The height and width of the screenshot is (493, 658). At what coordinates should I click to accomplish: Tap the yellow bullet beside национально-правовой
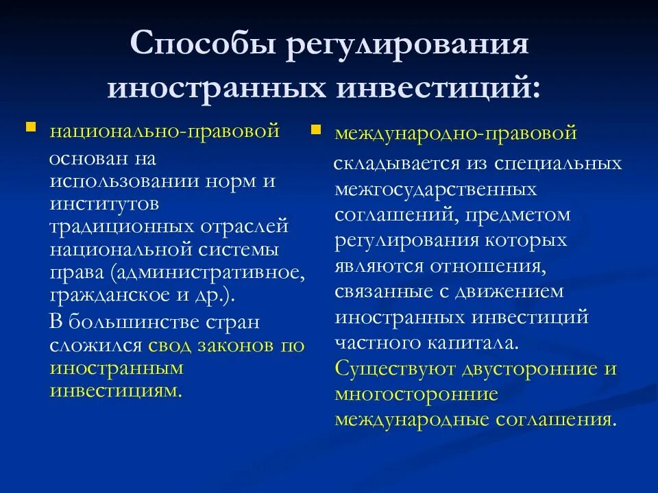pyautogui.click(x=30, y=127)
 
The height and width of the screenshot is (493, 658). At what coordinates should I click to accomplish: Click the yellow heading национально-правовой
pyautogui.click(x=164, y=131)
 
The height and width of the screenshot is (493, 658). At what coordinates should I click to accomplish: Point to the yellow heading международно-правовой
pyautogui.click(x=456, y=134)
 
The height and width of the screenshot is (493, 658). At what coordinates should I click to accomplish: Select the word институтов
pyautogui.click(x=103, y=203)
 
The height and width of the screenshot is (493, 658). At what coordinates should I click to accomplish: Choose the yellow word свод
pyautogui.click(x=167, y=345)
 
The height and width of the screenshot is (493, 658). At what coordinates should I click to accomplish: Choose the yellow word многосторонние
pyautogui.click(x=415, y=394)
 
